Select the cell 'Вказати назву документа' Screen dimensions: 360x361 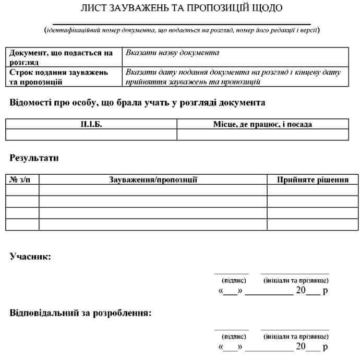click(x=172, y=53)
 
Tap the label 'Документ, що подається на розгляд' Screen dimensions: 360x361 click(x=61, y=57)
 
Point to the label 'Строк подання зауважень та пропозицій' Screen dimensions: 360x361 click(x=59, y=77)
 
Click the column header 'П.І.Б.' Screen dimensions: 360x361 click(x=91, y=124)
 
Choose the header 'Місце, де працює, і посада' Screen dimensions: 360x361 click(x=262, y=124)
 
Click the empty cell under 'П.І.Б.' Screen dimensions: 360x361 click(x=91, y=135)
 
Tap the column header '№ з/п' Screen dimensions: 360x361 click(x=22, y=179)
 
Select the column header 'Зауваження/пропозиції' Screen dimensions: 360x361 click(x=153, y=179)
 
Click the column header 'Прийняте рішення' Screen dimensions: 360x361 click(x=312, y=179)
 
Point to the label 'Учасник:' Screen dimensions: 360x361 click(x=30, y=256)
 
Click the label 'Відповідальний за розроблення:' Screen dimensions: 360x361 click(x=80, y=314)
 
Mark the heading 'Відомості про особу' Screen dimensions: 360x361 click(x=137, y=102)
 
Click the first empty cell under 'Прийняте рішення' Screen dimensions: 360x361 click(x=312, y=190)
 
